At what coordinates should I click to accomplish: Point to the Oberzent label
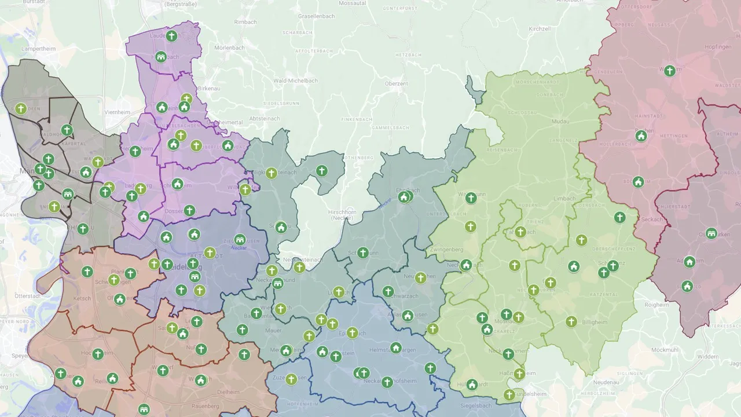[x=397, y=84]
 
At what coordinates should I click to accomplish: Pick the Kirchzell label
[x=539, y=28]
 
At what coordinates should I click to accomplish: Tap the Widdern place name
[x=708, y=357]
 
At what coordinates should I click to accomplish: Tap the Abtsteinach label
[x=263, y=118]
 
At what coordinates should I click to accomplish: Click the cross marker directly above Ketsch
[x=87, y=272]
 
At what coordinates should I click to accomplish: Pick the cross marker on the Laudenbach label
[x=171, y=36]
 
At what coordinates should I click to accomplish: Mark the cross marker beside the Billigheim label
[x=571, y=321]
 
